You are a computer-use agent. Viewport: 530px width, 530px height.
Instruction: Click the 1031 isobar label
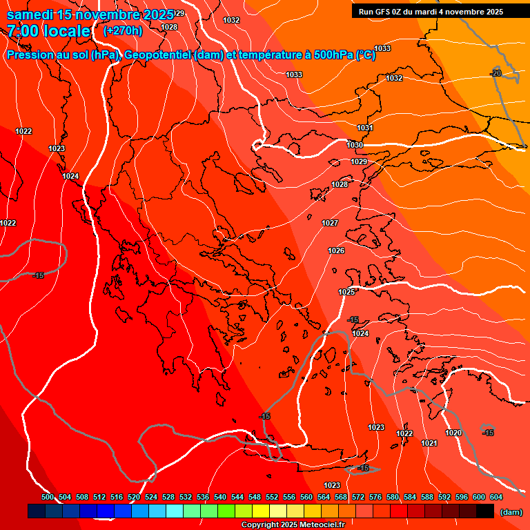[365, 128]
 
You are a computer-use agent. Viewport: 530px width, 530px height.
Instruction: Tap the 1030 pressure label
[355, 145]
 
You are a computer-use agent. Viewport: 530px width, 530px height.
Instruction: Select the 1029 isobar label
[359, 161]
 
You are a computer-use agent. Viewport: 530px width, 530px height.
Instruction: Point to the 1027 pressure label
[330, 223]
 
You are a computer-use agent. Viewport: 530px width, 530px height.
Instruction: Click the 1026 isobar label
[336, 251]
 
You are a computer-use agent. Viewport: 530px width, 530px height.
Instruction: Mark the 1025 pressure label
[346, 293]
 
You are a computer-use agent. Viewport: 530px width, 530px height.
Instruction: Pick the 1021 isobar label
[429, 443]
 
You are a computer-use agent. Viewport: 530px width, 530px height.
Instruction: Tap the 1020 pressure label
[453, 433]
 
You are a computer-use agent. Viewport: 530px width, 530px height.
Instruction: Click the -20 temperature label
[495, 73]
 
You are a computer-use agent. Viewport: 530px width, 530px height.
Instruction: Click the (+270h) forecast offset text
[123, 30]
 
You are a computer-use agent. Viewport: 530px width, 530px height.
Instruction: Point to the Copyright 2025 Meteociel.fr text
[293, 525]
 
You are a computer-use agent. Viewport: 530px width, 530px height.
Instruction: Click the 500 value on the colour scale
[48, 497]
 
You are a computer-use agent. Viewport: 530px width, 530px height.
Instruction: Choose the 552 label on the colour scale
[272, 497]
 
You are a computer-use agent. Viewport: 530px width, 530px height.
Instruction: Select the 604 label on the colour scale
[495, 497]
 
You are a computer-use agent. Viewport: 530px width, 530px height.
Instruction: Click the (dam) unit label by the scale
[511, 512]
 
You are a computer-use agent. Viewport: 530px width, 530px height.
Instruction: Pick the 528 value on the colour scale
[168, 497]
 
